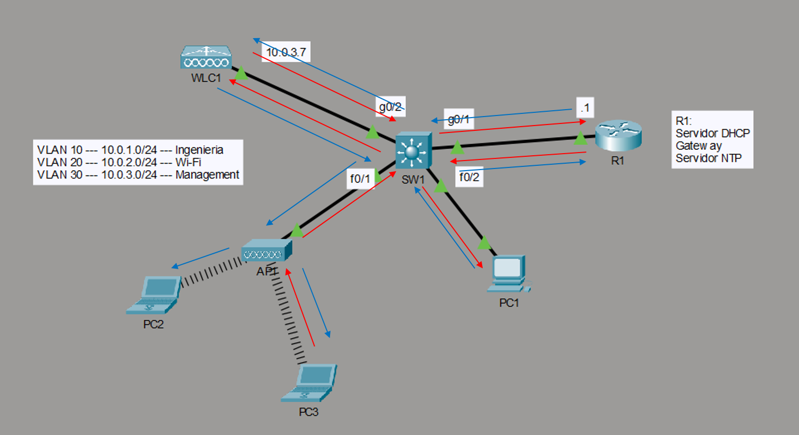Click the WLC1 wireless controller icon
pos(206,57)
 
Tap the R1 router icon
pos(618,136)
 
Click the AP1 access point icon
pos(266,251)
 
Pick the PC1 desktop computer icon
pos(509,274)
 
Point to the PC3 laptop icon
pos(309,383)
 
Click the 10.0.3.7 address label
pos(286,52)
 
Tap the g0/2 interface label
pos(390,106)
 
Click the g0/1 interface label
pos(459,119)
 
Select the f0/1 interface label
pos(360,179)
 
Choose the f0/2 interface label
pos(469,177)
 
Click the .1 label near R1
pos(584,108)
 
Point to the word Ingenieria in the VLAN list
pos(199,150)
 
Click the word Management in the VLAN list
pos(207,175)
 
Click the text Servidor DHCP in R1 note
pos(713,133)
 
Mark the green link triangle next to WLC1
pos(241,74)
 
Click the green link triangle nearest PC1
pos(484,243)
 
